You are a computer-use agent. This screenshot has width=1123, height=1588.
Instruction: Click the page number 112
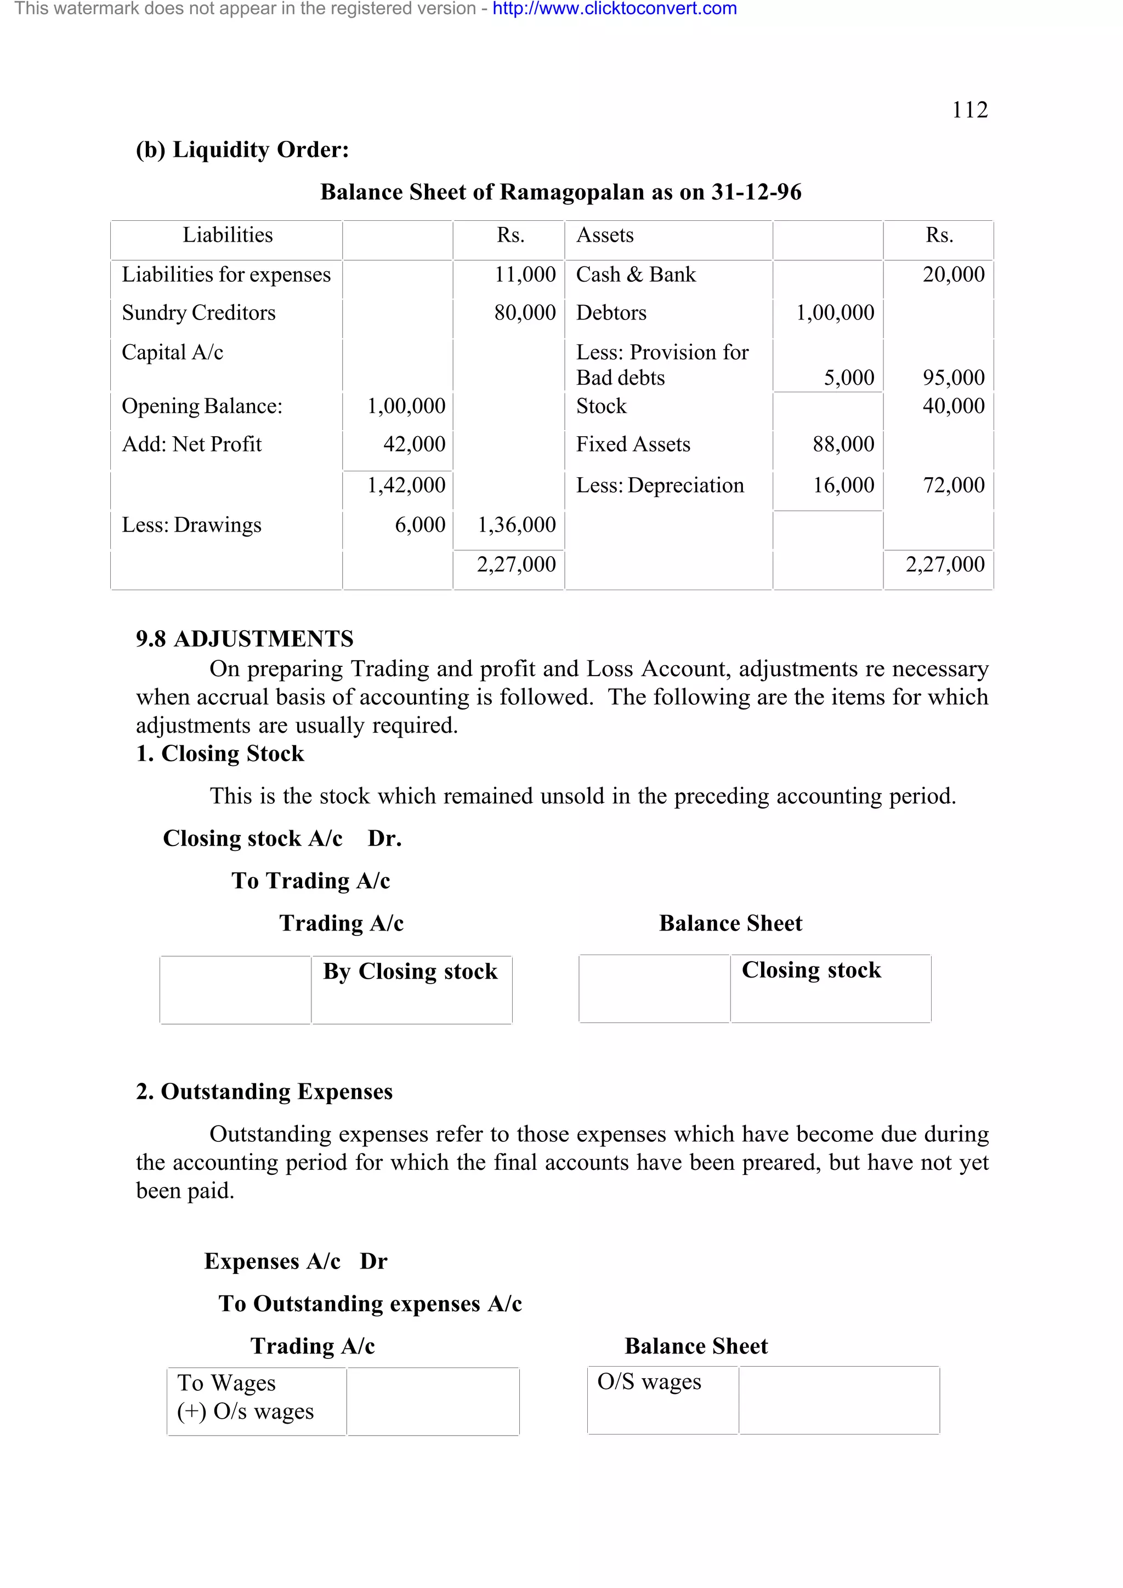(969, 110)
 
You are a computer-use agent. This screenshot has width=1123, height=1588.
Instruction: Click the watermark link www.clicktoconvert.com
(615, 9)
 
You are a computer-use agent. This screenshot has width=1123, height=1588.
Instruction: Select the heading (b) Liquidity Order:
(242, 150)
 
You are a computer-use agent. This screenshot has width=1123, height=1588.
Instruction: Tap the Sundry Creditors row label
(198, 313)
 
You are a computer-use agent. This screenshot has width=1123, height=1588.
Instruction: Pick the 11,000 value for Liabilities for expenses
(524, 275)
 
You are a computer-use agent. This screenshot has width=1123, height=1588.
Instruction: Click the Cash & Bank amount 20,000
(953, 275)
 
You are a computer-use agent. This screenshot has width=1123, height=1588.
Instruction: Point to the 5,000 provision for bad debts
(848, 378)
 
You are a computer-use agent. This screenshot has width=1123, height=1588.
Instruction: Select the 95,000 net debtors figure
(953, 378)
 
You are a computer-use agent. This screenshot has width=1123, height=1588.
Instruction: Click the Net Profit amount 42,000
(414, 444)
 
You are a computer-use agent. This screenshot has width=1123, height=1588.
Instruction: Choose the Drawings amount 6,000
(419, 525)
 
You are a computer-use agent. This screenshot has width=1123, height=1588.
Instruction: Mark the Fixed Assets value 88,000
(843, 444)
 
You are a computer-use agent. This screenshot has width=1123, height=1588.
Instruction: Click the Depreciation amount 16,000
(843, 485)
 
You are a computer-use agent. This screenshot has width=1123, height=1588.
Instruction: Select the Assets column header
(605, 235)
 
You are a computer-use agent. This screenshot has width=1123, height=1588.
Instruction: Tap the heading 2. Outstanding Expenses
(264, 1092)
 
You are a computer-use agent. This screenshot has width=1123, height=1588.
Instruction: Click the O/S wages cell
(649, 1381)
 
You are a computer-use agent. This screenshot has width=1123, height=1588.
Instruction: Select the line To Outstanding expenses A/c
(370, 1304)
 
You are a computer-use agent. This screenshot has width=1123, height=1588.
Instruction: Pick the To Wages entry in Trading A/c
(226, 1383)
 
